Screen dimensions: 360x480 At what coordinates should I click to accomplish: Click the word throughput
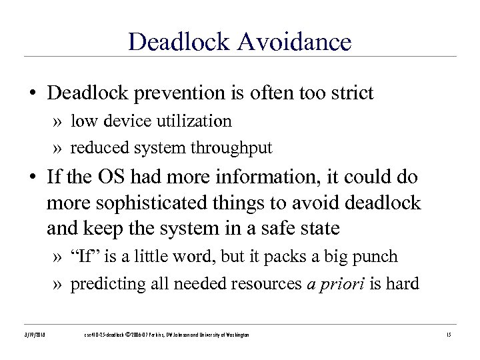tap(233, 148)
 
